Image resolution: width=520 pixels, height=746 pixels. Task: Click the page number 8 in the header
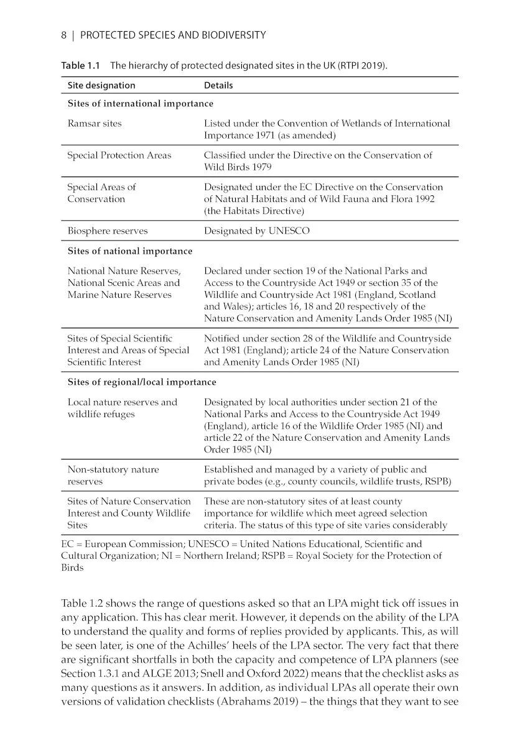pos(64,35)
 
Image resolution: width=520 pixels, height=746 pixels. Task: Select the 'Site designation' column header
pos(101,85)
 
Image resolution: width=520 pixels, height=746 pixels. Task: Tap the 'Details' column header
pos(218,85)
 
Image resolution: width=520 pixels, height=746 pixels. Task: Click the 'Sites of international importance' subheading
pos(140,104)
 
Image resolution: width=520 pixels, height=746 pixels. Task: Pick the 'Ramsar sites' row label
pos(95,124)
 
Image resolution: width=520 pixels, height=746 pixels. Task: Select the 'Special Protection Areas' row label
pos(119,155)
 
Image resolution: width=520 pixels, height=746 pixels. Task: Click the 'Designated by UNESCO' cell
pos(256,231)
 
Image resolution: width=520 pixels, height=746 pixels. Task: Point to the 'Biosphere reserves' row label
pos(108,231)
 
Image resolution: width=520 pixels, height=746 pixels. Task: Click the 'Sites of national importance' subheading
pos(130,251)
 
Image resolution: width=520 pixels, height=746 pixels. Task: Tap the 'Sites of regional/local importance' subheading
pos(142,382)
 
